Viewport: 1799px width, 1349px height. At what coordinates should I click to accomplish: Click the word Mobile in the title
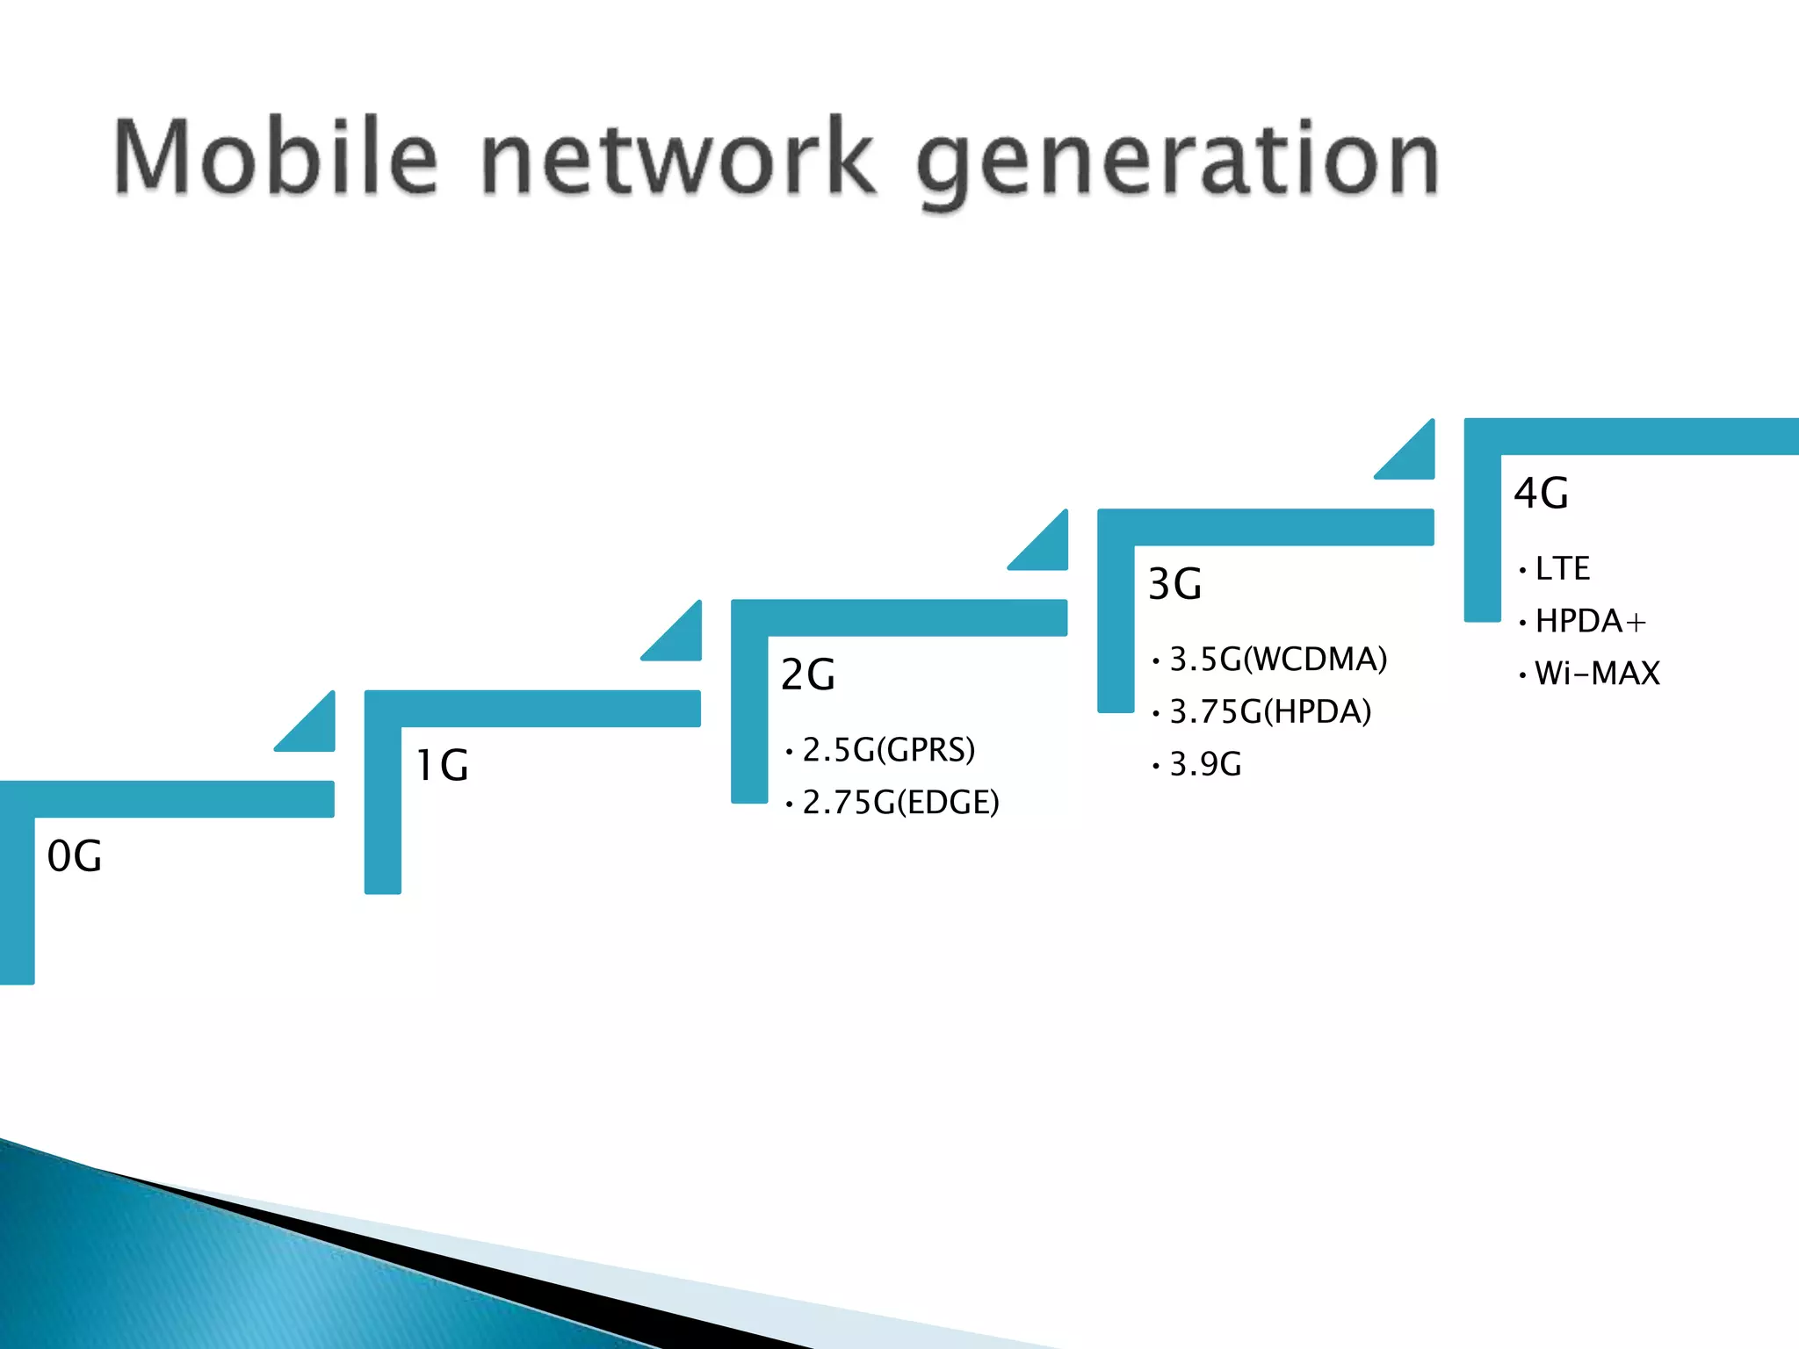(x=275, y=157)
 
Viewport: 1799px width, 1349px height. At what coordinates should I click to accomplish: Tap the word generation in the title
(x=1177, y=162)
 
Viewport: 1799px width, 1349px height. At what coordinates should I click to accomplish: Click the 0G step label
(x=75, y=855)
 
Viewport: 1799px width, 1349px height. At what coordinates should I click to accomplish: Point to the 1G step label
(x=442, y=765)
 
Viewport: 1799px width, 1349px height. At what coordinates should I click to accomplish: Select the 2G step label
(x=808, y=674)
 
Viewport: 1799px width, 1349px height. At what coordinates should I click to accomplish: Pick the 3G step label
(x=1174, y=584)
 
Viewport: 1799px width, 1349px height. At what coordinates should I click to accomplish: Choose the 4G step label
(x=1541, y=494)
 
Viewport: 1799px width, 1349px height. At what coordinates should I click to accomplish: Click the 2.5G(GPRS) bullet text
(x=888, y=750)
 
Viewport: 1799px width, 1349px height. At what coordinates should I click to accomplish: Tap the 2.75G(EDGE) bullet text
(x=900, y=802)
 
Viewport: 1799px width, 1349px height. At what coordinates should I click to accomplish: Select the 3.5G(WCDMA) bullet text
(x=1278, y=659)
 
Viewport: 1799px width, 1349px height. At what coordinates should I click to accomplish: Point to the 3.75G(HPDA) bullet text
(x=1270, y=711)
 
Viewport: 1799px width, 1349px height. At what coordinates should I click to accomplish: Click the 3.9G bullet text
(x=1205, y=764)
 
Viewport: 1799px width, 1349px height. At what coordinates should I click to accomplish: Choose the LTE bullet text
(x=1563, y=568)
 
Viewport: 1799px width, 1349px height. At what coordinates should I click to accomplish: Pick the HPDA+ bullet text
(x=1590, y=621)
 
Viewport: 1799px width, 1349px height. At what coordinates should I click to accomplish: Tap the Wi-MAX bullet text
(x=1597, y=674)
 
